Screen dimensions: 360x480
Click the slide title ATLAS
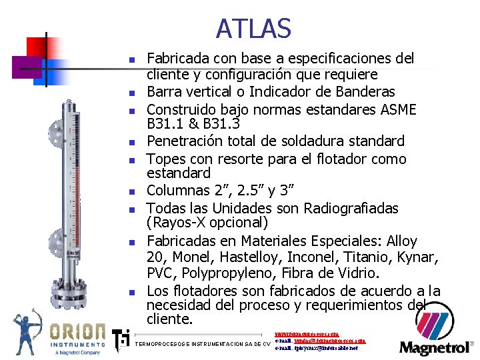tap(253, 29)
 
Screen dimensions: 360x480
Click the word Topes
tap(165, 159)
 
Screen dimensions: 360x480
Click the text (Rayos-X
tap(179, 223)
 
